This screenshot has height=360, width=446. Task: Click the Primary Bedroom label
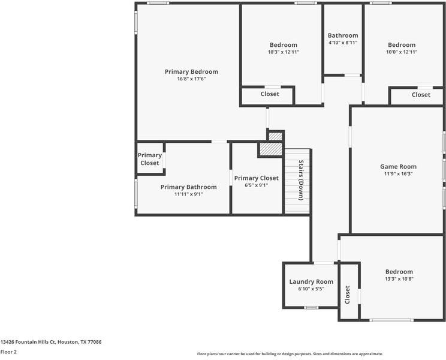[191, 72]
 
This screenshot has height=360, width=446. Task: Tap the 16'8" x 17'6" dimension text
[191, 79]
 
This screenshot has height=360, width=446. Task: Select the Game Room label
[398, 166]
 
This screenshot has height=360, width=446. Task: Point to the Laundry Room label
[311, 282]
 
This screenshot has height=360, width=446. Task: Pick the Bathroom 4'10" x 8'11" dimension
[343, 43]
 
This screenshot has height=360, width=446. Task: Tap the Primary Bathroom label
[189, 187]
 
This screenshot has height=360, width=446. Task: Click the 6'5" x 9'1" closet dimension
[257, 185]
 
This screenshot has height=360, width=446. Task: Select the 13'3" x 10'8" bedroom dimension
[399, 279]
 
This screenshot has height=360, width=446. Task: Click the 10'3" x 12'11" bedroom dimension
[284, 52]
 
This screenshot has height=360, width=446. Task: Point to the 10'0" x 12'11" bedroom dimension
[402, 52]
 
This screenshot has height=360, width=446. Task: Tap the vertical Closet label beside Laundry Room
[347, 295]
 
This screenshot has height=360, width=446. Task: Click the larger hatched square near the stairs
[271, 149]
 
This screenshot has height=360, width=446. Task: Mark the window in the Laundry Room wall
[311, 308]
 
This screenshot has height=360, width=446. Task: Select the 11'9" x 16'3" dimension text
[398, 174]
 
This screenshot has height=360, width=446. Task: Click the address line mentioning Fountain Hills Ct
[51, 342]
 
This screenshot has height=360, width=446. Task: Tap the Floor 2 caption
[8, 352]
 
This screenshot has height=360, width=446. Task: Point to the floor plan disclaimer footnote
[290, 354]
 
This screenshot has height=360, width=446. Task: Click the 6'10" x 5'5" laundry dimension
[311, 289]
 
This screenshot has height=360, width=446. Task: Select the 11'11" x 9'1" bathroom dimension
[189, 194]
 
